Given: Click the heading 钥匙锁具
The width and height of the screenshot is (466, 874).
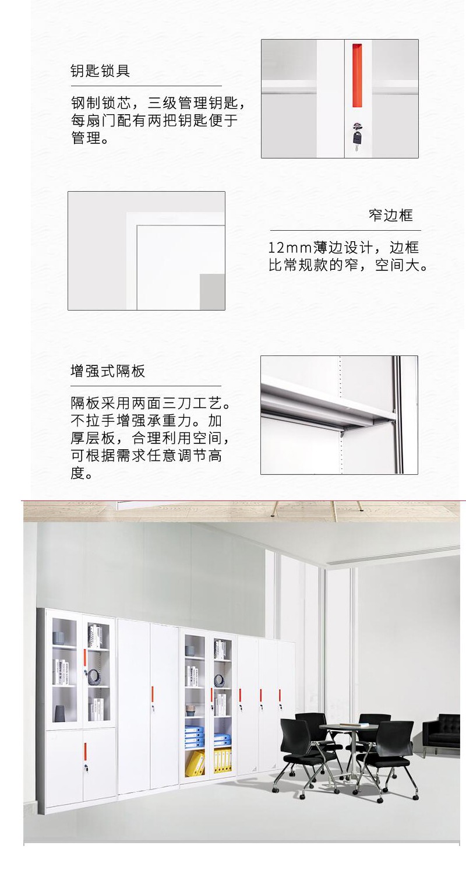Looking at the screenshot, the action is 100,71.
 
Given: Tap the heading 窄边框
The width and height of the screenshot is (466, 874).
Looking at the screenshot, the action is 391,215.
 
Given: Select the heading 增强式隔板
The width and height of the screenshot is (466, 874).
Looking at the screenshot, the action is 108,371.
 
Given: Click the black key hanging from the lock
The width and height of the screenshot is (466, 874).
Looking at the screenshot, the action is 357,139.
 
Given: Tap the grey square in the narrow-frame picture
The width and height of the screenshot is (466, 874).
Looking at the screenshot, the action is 213,292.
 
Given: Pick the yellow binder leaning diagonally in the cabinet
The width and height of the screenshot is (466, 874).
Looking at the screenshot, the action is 195,763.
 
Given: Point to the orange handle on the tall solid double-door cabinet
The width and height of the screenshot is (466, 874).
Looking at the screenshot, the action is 153,693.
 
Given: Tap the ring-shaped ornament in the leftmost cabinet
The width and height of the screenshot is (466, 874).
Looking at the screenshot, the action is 94,674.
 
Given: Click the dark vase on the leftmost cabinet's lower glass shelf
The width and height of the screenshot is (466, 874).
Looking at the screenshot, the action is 59,713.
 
